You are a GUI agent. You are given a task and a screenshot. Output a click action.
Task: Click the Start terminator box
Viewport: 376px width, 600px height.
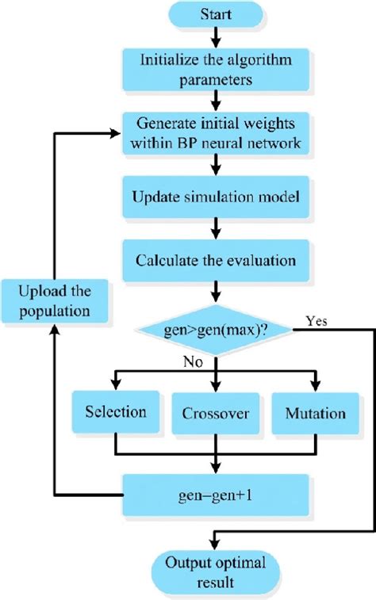point(215,15)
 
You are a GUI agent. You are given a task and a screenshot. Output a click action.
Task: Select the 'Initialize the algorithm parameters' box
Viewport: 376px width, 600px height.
point(215,69)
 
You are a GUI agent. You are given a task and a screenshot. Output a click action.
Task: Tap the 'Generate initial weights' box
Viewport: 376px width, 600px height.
point(215,133)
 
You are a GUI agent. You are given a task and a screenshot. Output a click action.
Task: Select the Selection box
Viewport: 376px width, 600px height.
point(115,412)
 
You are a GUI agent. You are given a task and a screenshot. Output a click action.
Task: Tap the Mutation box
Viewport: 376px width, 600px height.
point(315,413)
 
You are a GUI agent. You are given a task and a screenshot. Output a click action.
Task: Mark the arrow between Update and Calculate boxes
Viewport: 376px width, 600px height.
point(215,228)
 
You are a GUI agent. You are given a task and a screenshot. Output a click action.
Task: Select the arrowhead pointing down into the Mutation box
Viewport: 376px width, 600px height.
point(315,385)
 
